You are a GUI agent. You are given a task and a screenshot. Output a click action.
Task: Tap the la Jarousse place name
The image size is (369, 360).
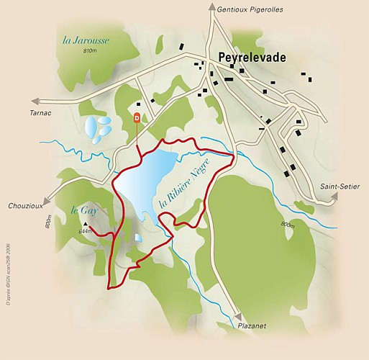coord(86,40)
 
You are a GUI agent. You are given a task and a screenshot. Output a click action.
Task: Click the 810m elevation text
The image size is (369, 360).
coord(89,52)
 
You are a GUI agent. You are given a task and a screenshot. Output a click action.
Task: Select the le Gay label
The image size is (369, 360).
coord(83,211)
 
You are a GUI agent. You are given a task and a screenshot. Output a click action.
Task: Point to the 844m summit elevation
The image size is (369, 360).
coord(85,231)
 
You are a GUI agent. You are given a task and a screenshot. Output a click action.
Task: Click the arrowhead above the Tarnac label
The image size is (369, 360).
coord(30,102)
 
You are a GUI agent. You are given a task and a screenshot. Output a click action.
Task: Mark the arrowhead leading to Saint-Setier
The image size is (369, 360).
coord(335,202)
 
